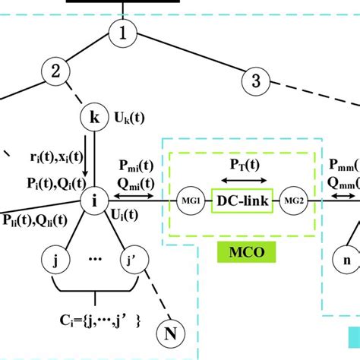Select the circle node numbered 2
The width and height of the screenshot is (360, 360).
pos(55,72)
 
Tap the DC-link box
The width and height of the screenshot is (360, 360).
pos(242,203)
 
